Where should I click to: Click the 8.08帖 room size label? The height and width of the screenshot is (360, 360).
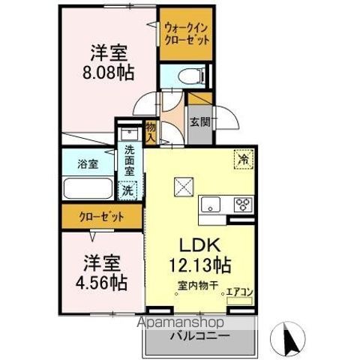pos(108,72)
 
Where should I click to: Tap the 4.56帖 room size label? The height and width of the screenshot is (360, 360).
pos(101,282)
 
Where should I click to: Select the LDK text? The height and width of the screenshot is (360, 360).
pos(200,245)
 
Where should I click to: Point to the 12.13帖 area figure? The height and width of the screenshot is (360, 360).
pos(200,265)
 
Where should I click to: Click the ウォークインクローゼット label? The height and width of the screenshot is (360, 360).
pos(187,34)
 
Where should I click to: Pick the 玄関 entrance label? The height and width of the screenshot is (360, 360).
pos(200,122)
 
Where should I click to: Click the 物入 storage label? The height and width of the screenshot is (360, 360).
pos(151,132)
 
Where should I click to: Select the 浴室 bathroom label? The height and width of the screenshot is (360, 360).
pos(88,164)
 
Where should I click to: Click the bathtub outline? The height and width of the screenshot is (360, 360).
pos(88,188)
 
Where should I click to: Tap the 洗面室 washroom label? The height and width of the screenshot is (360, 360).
pos(130,160)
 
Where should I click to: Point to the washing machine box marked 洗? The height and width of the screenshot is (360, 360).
pos(127,191)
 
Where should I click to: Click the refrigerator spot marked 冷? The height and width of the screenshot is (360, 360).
pos(244,159)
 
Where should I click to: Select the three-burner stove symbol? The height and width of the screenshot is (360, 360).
pos(243,204)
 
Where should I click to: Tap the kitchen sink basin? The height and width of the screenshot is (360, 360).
pos(211,204)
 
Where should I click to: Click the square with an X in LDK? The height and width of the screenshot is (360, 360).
pos(184,187)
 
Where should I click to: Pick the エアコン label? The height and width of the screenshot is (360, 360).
pos(239,292)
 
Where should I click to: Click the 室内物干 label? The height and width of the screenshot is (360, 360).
pos(198,286)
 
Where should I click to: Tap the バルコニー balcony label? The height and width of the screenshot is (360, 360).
pos(200,336)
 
